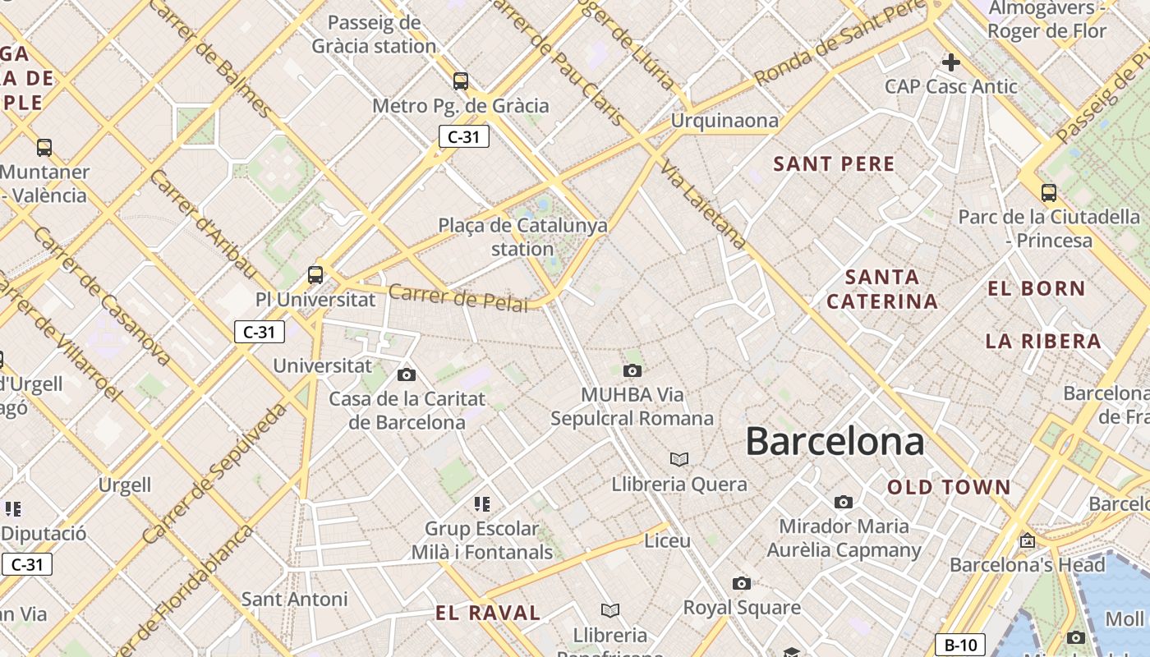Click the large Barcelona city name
tap(835, 442)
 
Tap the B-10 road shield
tap(960, 645)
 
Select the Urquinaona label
tap(724, 121)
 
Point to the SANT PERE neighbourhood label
tap(834, 163)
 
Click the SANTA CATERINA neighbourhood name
tap(882, 289)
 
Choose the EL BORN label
tap(1037, 289)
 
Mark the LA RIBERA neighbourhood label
tap(1043, 342)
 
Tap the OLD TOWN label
tap(949, 488)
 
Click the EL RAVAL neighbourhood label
tap(488, 613)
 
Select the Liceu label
tap(667, 541)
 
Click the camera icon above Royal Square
tap(742, 584)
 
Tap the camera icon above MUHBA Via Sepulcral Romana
tap(632, 370)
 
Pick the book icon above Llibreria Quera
tap(679, 459)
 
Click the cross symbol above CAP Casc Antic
tap(951, 62)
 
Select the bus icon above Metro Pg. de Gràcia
tap(461, 81)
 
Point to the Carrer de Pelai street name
tap(458, 298)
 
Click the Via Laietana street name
tap(704, 204)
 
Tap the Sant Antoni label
tap(294, 600)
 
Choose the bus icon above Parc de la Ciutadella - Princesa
tap(1049, 193)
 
